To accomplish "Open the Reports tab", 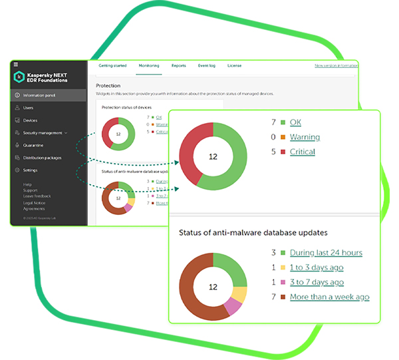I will [179, 66].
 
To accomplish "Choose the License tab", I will [234, 66].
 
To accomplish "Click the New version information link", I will [336, 66].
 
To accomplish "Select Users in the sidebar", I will [29, 108].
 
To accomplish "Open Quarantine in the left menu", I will [33, 145].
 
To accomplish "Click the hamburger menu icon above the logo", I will [14, 65].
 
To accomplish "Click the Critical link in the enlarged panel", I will [303, 152].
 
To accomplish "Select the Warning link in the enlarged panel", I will [305, 137].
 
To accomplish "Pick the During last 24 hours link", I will [326, 253].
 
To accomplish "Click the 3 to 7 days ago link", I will [317, 282].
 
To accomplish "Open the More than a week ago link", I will [329, 297].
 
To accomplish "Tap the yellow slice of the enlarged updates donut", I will [240, 295].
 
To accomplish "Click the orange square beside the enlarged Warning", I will [283, 137].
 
